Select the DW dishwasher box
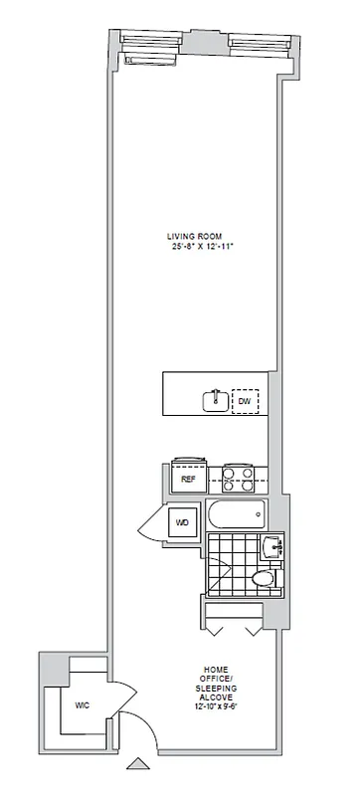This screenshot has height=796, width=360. (245, 402)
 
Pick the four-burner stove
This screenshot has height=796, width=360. (240, 479)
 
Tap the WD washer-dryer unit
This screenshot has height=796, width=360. (183, 522)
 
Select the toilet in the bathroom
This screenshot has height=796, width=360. (264, 578)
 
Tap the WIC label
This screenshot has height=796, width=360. (83, 704)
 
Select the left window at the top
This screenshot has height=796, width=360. (147, 42)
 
